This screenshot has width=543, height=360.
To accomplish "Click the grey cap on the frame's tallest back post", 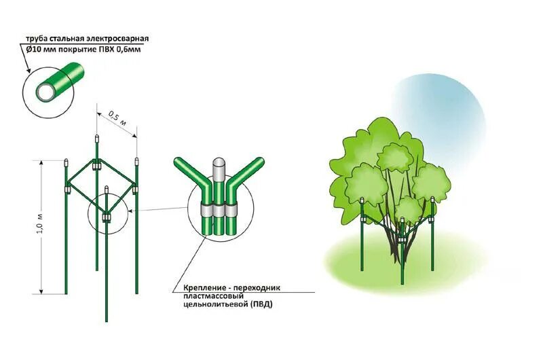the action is coord(96,138).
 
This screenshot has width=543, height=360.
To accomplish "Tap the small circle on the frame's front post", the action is coord(107,215).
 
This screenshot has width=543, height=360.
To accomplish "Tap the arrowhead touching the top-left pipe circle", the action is coord(29,70).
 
